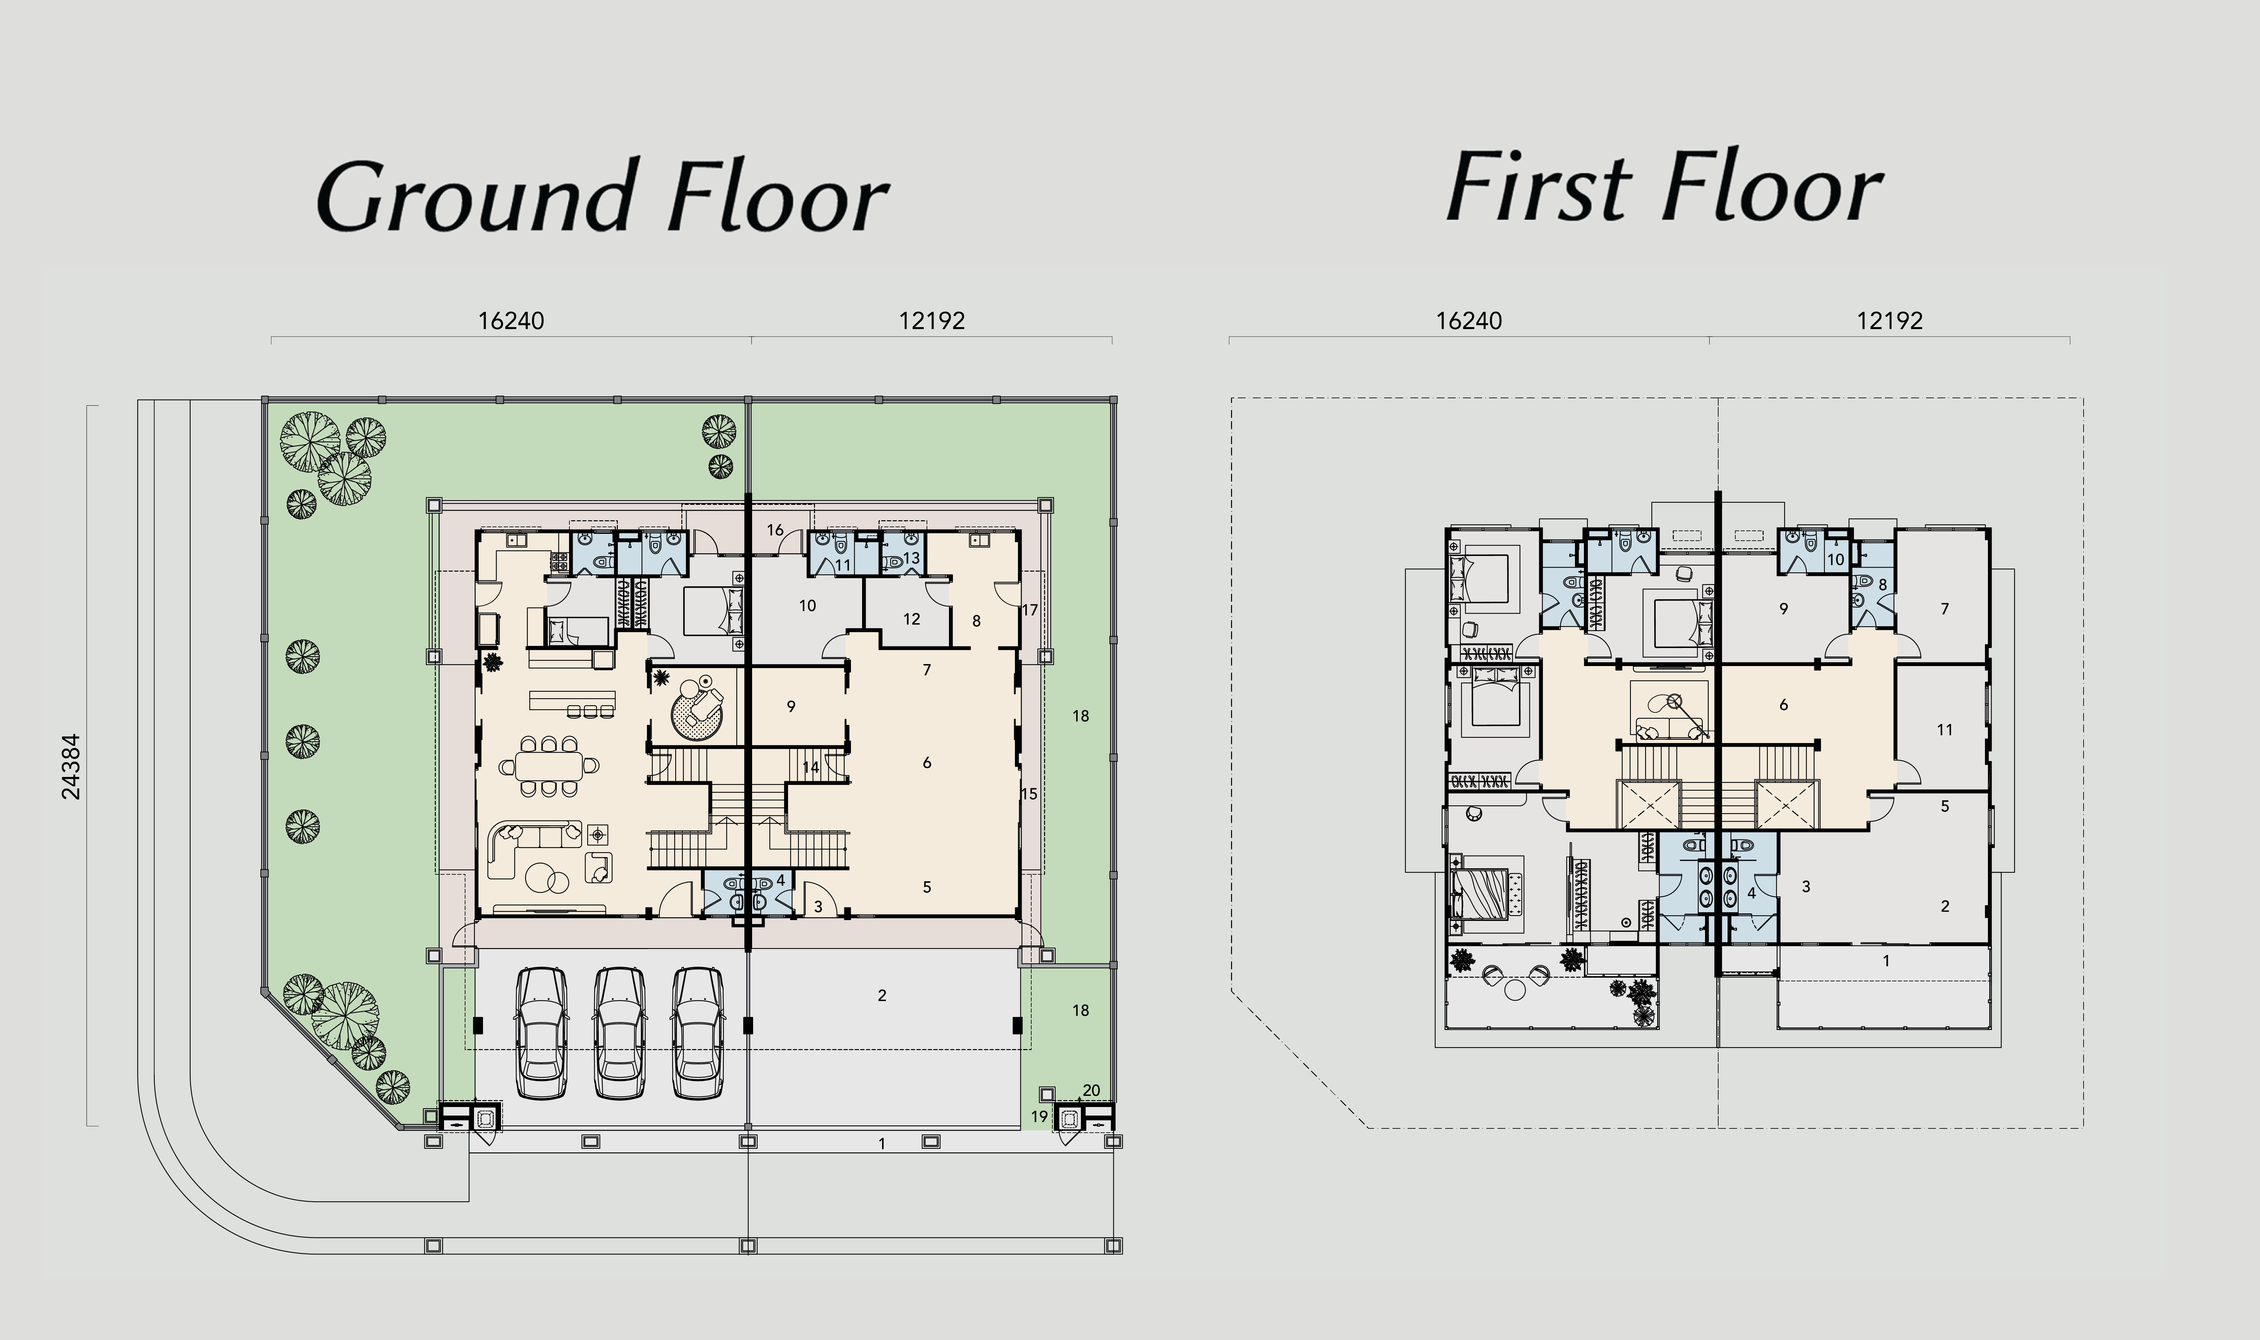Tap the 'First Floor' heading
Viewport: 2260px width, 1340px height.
(x=1664, y=188)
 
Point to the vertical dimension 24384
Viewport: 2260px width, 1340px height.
(x=70, y=767)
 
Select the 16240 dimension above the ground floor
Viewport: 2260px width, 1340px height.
(x=511, y=321)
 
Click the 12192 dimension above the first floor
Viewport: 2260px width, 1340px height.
(x=1890, y=321)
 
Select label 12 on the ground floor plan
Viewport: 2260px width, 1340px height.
(x=912, y=619)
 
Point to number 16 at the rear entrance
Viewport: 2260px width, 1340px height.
(x=775, y=530)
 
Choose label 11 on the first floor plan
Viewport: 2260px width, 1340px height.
(x=1945, y=730)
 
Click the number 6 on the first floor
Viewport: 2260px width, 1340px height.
(x=1783, y=704)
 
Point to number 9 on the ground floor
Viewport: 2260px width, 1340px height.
(x=791, y=706)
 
